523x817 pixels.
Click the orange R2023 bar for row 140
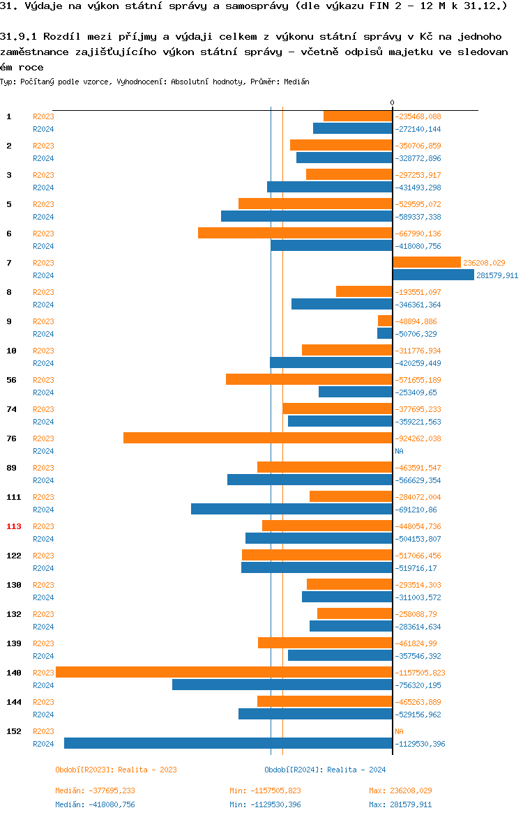click(223, 672)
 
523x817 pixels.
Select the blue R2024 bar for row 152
click(228, 743)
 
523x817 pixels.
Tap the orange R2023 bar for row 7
click(426, 262)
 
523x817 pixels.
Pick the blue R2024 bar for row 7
click(433, 275)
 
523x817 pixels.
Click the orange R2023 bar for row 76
click(257, 438)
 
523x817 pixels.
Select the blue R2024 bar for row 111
click(291, 509)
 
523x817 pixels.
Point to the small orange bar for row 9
click(385, 321)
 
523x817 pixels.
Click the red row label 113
click(14, 526)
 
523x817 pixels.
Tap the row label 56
click(11, 380)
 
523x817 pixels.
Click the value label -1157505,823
click(420, 673)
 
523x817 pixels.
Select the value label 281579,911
click(497, 275)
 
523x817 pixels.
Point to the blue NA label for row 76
click(399, 451)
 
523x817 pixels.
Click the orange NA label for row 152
click(399, 731)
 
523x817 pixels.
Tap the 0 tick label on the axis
click(392, 102)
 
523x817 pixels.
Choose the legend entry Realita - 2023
click(116, 770)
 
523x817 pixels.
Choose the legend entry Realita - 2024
click(325, 770)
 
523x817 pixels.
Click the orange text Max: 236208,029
click(400, 791)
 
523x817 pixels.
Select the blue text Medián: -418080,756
click(95, 804)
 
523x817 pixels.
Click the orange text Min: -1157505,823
click(265, 791)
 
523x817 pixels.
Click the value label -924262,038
click(418, 438)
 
